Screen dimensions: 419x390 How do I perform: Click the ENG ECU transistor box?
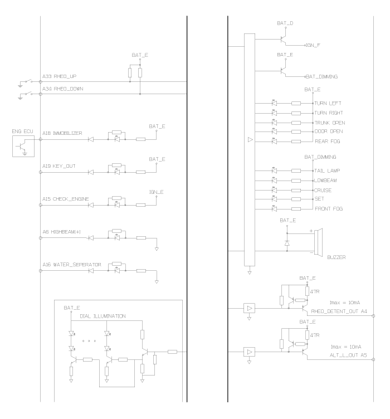(22, 147)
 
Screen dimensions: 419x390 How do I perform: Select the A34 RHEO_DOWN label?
(63, 89)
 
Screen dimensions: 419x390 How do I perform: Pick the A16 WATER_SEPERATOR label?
(69, 264)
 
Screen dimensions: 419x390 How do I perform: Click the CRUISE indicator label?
(323, 190)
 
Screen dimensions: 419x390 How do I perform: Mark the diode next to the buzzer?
(286, 243)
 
